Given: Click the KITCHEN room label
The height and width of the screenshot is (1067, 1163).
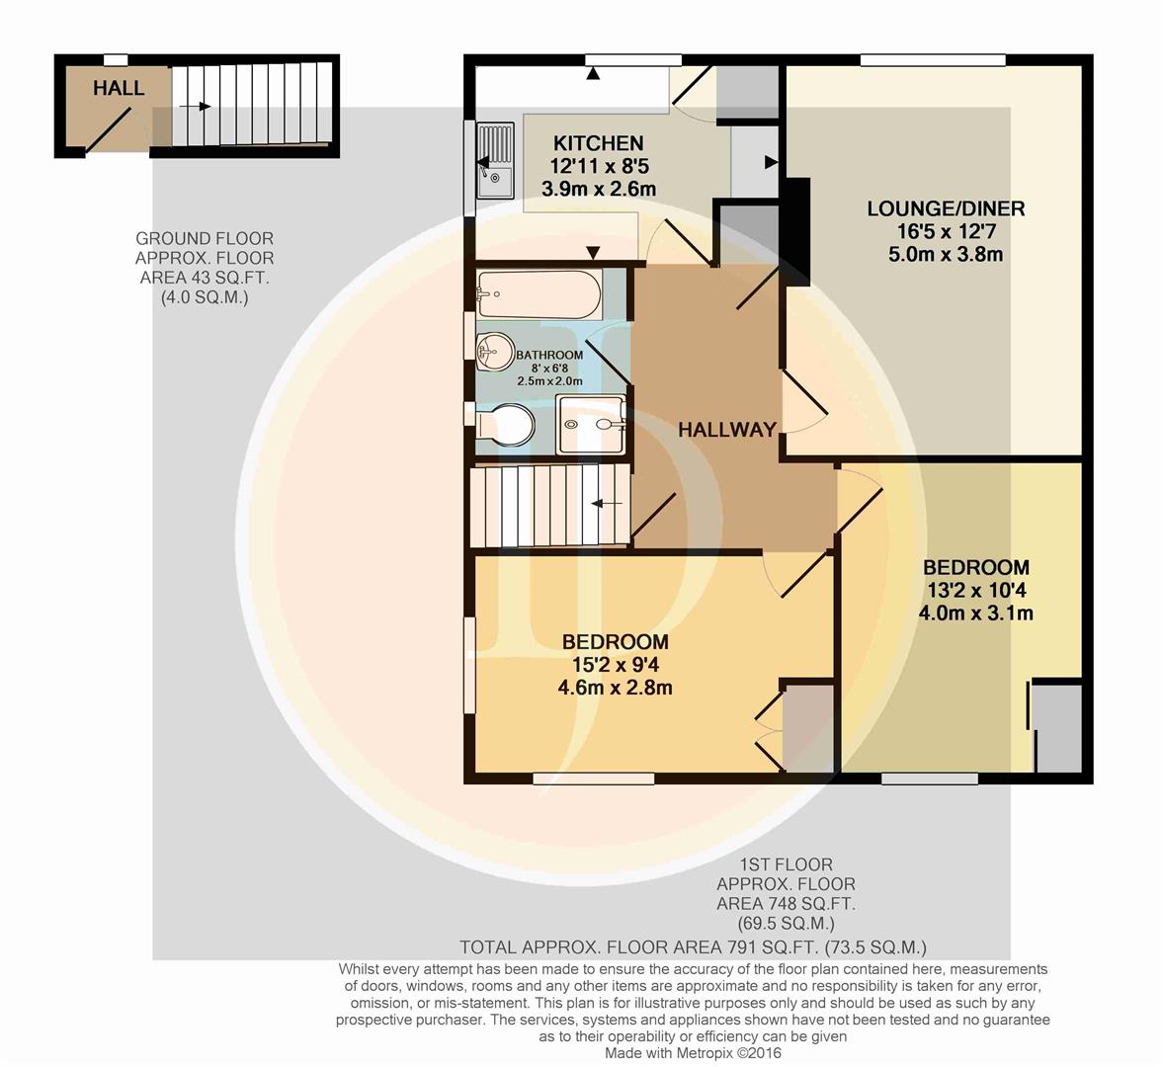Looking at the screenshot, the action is tap(599, 142).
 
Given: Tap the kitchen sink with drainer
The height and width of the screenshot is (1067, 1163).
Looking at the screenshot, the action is tap(495, 161).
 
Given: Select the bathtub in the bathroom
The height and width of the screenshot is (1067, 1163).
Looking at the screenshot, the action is tap(540, 293).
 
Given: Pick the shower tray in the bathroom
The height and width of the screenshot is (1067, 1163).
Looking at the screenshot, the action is tap(591, 424).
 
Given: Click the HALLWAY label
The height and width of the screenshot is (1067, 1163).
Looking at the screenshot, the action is tap(727, 430).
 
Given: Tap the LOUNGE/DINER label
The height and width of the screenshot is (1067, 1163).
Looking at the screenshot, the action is tap(946, 208).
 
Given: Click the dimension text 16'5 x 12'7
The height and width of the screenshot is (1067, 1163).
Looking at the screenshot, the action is tap(946, 231).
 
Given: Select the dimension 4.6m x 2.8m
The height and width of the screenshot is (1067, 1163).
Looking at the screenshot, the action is tap(615, 688).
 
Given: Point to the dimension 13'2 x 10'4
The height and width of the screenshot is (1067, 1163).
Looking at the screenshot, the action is tap(976, 590).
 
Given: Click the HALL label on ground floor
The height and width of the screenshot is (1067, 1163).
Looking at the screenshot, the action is tap(119, 88).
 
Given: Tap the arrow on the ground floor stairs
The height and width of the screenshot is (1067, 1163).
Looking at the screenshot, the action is tap(195, 107).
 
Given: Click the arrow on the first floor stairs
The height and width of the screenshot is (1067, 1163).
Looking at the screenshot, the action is tap(607, 504).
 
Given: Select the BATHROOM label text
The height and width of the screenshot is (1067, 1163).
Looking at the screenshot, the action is tap(549, 355).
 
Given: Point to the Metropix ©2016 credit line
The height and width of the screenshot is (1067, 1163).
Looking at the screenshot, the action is tap(693, 1053).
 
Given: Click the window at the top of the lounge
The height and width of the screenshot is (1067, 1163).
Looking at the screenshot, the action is tap(933, 60).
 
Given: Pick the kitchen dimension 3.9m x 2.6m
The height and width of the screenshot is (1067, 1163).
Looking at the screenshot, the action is tap(599, 189).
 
